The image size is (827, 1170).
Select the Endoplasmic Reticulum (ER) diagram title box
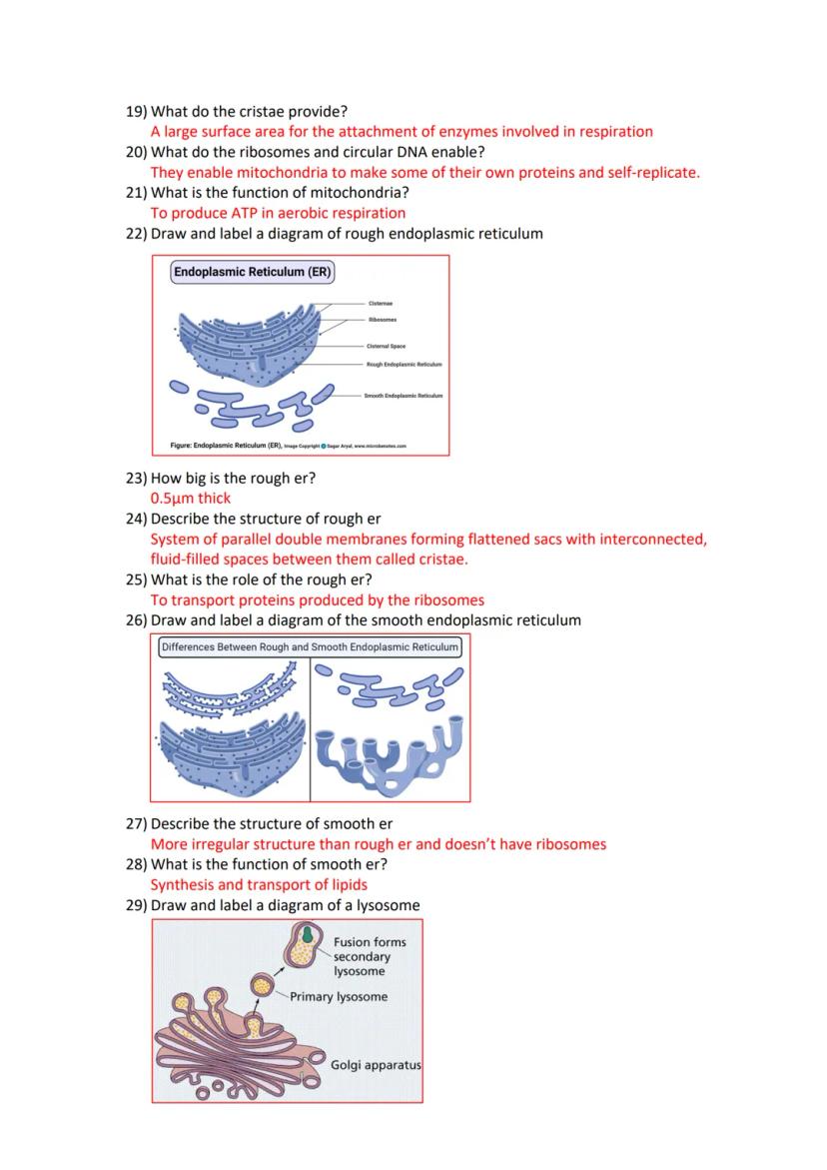253,272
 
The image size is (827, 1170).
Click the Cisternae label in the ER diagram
381,303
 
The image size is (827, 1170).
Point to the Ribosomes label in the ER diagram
383,320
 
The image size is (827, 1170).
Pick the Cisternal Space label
386,346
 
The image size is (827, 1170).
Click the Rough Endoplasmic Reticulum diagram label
404,365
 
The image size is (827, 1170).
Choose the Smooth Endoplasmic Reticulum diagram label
404,396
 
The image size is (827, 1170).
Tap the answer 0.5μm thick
191,498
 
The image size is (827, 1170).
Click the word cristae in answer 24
440,560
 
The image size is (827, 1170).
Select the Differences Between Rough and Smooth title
310,646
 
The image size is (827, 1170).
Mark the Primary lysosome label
339,996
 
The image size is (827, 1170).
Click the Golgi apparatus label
376,1065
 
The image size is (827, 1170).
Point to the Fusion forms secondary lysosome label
369,956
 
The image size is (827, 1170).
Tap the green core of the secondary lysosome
310,934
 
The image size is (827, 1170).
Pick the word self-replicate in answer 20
651,172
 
